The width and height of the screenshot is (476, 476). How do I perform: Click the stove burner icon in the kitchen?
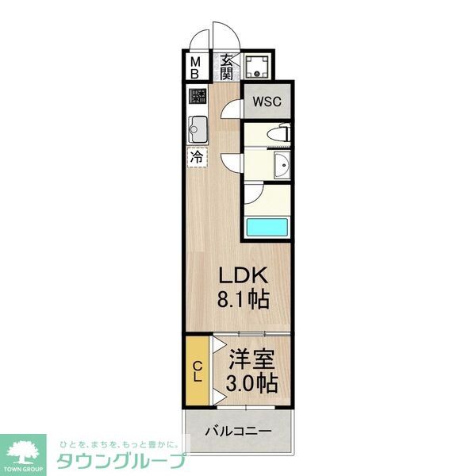197,99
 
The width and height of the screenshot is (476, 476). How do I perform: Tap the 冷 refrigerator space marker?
197,156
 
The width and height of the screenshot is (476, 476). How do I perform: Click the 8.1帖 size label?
245,300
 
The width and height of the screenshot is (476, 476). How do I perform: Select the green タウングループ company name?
120,461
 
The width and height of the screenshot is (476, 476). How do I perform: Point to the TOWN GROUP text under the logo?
25,469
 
